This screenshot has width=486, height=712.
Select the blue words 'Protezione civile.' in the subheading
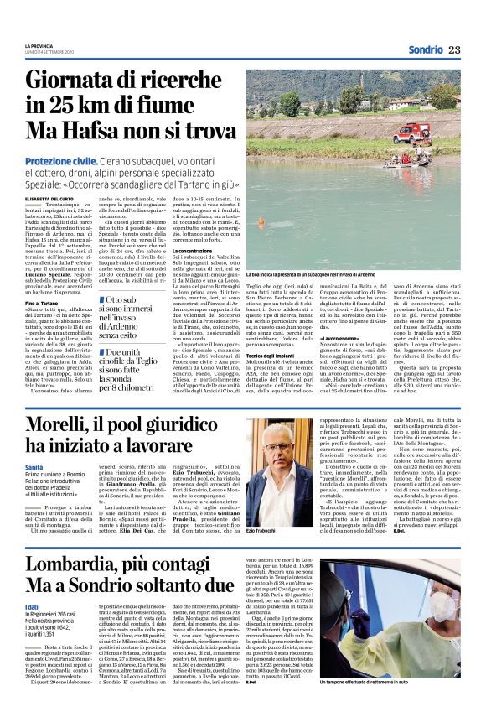coord(60,160)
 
